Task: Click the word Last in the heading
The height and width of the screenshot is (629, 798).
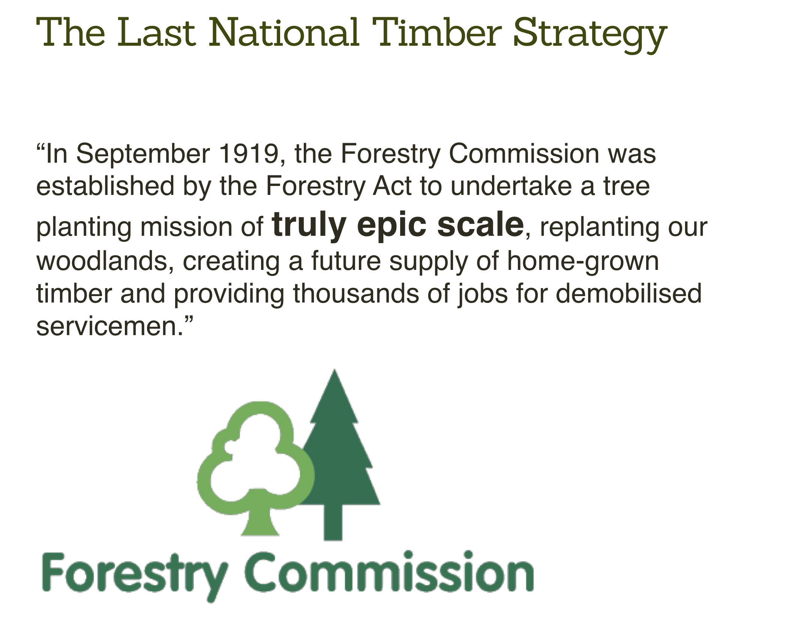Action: (x=156, y=33)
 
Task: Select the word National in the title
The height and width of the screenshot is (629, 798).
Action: (x=284, y=33)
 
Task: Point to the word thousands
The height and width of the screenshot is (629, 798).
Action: (x=356, y=293)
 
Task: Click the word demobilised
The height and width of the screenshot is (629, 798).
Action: (x=628, y=293)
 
